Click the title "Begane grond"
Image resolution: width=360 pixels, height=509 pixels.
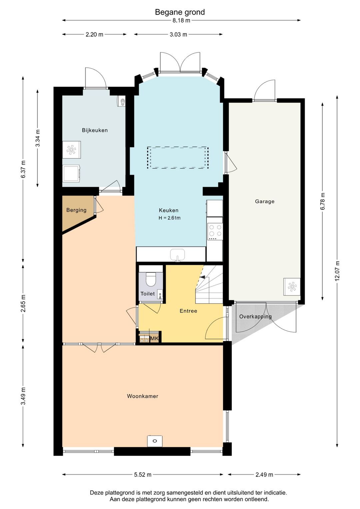tap(180, 12)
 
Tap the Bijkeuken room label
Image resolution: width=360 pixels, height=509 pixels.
tap(95, 130)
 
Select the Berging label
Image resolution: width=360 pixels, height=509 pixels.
tap(76, 210)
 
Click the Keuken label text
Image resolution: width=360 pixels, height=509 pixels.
tap(169, 210)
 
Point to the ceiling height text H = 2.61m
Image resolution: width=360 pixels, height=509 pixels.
tap(169, 218)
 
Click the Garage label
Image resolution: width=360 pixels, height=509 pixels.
tap(265, 201)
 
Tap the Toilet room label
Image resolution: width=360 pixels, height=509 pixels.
tap(148, 294)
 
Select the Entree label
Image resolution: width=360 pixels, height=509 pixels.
tap(188, 311)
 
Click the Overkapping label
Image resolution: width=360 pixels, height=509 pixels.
tap(255, 317)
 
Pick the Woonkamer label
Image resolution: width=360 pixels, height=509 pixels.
tap(142, 396)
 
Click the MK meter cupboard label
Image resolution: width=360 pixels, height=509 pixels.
tap(154, 339)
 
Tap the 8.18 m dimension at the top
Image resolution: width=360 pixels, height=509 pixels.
tap(181, 20)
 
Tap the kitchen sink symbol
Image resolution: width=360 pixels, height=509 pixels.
tap(177, 255)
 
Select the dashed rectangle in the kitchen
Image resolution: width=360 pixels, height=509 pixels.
tap(178, 157)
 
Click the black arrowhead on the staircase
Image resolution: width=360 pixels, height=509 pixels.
tap(202, 277)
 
